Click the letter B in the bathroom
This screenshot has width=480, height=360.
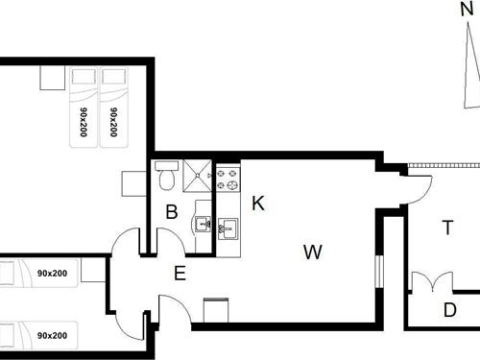click(x=172, y=212)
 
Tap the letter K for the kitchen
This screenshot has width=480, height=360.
click(x=257, y=203)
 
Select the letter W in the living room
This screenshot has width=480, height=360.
click(x=312, y=252)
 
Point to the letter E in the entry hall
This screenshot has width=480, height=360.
click(x=180, y=273)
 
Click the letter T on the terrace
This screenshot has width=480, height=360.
click(x=447, y=228)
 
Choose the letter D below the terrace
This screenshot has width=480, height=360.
click(x=449, y=310)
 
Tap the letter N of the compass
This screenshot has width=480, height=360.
click(x=466, y=12)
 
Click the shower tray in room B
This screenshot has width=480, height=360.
click(x=200, y=175)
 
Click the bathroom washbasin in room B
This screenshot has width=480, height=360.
click(x=203, y=225)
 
